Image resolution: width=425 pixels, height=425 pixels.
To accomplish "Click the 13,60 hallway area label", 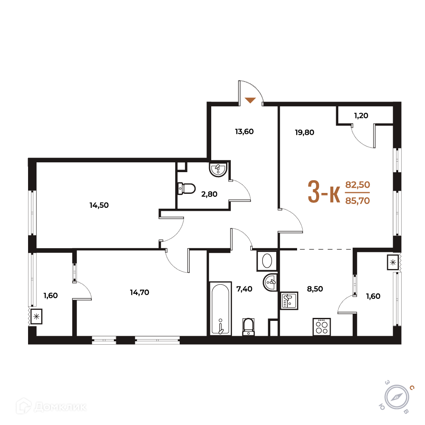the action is coord(244,132).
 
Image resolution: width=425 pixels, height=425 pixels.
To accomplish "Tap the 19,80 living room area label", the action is coord(304,133).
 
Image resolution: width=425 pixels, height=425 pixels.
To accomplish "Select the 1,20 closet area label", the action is coord(361,116).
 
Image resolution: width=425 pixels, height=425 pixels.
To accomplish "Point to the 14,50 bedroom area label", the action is coord(99,205).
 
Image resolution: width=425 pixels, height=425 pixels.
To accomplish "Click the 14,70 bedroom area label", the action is coord(139,292).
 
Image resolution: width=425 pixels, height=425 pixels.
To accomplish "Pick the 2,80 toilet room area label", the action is coord(209,194).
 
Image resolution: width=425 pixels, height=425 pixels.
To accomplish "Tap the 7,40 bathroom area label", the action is coord(244,289).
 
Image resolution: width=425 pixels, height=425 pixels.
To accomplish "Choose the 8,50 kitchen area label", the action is coord(315,289).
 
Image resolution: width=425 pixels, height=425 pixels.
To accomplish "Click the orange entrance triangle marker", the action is coord(250,100).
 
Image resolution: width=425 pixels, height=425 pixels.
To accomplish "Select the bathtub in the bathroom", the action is coord(221,309).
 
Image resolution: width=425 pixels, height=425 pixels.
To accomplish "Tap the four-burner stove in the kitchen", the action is coord(322,327).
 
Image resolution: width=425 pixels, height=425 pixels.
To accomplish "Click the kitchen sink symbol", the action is coord(289,300).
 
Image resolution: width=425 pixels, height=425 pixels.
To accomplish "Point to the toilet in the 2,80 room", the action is coord(187,189).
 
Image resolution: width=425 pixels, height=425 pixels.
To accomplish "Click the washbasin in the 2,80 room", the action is coord(218,169).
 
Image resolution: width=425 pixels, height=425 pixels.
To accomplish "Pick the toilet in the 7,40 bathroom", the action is coord(248,326).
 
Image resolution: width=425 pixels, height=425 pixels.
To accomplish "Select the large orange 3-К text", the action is coord(324,192).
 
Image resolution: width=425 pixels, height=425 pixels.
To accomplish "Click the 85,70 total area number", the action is coord(357,201).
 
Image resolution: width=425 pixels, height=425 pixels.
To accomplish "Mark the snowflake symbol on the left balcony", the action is coord(36,316).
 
